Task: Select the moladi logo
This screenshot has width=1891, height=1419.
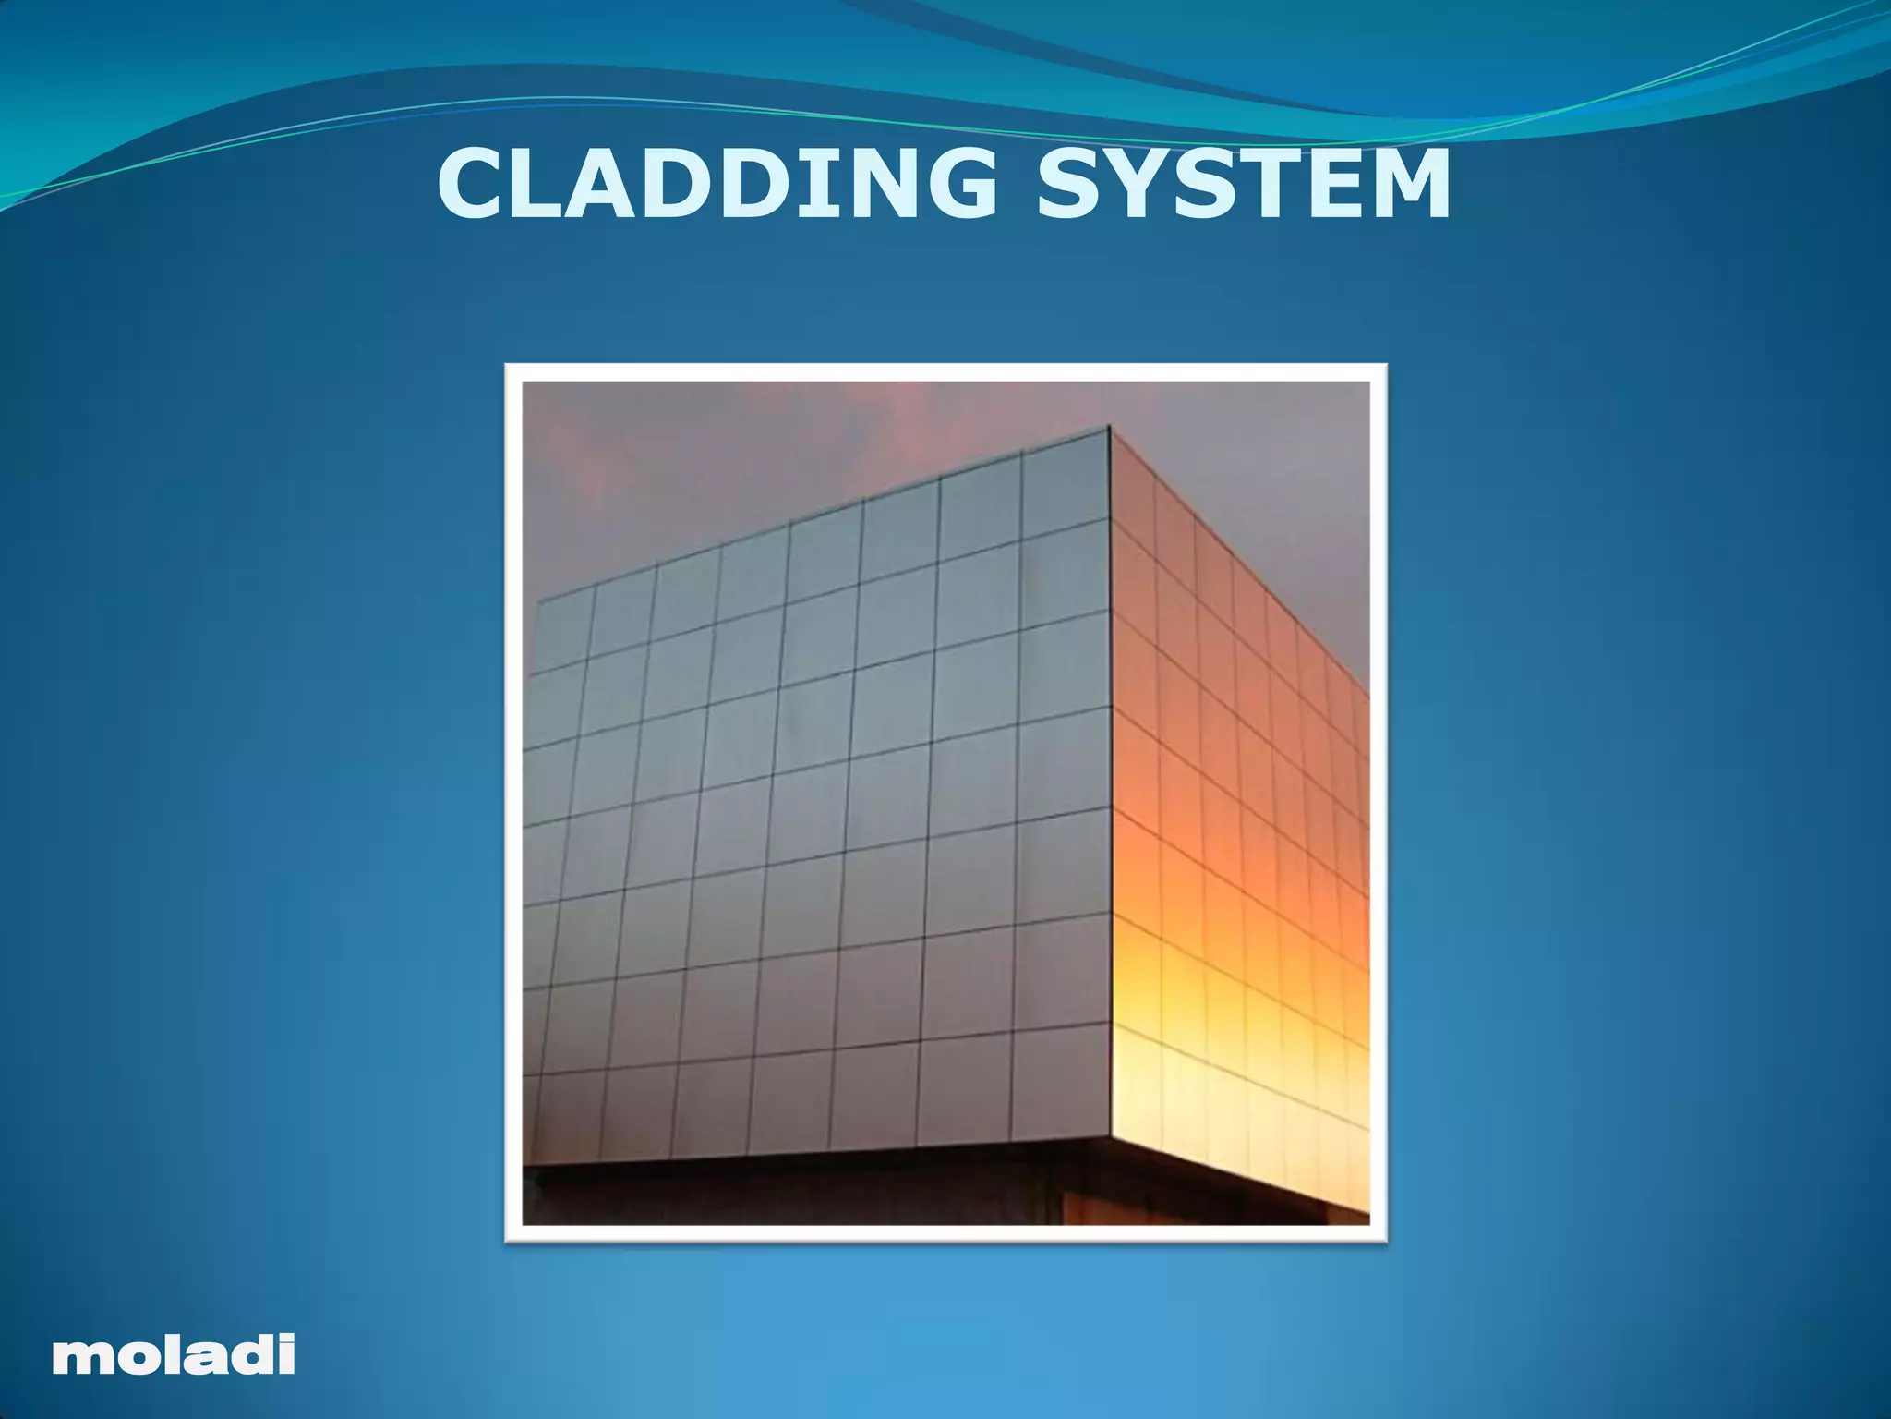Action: point(174,1354)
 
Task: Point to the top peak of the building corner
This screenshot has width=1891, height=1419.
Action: point(1109,427)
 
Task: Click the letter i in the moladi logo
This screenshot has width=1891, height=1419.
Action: point(286,1353)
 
